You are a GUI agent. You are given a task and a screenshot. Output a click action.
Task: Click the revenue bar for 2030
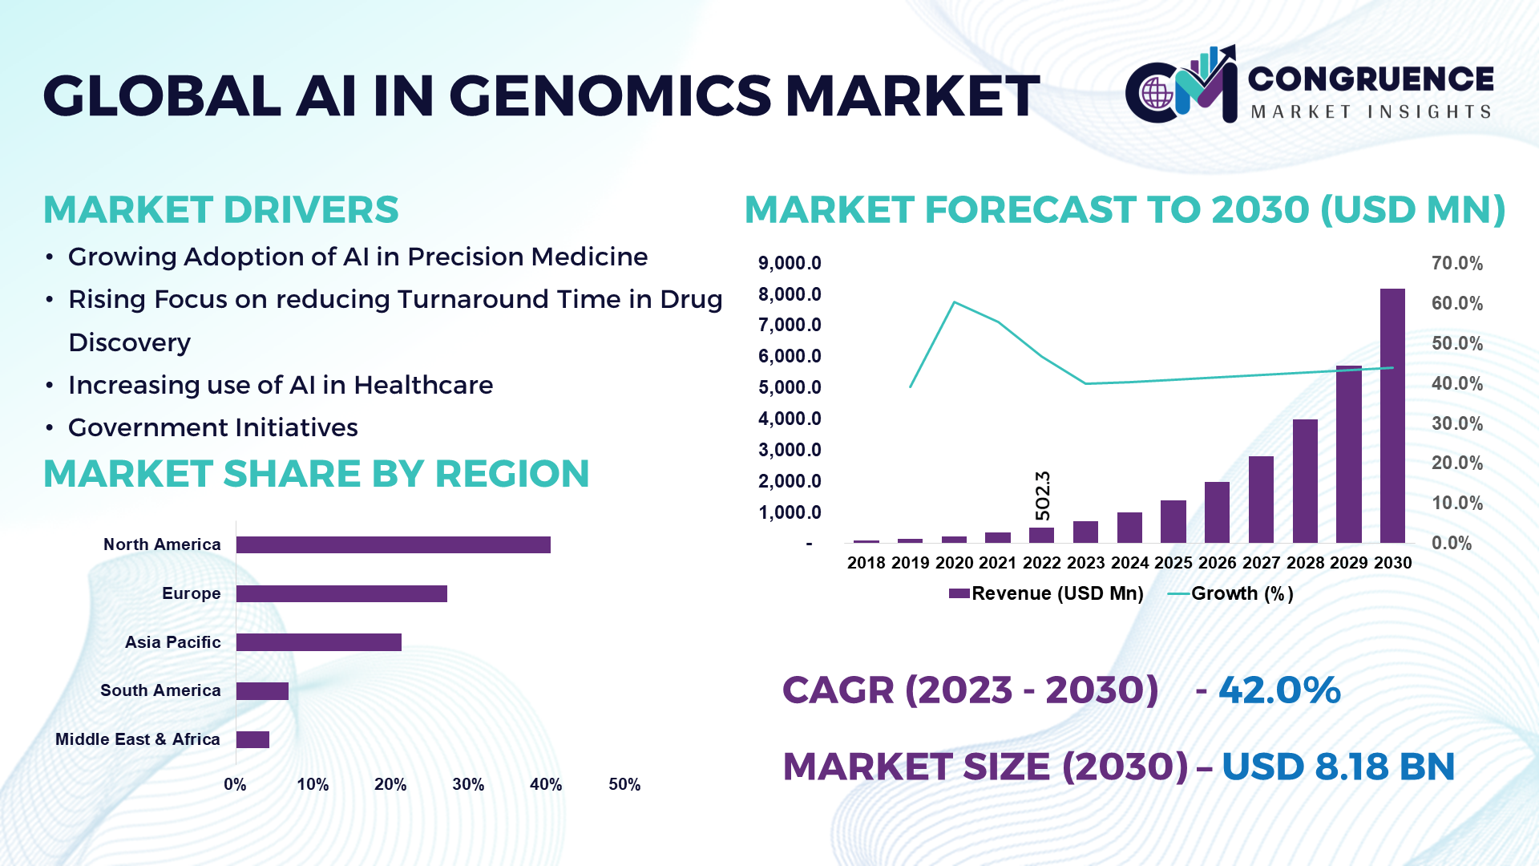[1392, 415]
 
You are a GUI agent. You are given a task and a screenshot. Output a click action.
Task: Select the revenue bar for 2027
[1261, 500]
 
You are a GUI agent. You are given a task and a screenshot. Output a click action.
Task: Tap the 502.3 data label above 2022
[1042, 495]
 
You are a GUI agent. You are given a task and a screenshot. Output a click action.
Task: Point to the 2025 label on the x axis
[1173, 563]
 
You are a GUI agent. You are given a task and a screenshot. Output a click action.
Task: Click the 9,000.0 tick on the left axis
[790, 263]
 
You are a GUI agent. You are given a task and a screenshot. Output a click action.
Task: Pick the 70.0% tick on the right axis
[1457, 263]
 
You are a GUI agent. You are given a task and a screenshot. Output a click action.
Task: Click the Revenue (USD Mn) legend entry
[1046, 593]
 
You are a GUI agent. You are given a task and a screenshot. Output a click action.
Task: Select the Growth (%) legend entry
[1230, 593]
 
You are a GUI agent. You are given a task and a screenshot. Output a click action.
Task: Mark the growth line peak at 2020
[954, 302]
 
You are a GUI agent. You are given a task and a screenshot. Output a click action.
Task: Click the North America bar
[394, 544]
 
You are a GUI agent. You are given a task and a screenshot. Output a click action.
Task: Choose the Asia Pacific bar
[319, 642]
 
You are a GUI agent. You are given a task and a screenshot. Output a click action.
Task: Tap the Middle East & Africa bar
[252, 739]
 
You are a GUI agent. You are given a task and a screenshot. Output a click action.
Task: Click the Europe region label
[191, 593]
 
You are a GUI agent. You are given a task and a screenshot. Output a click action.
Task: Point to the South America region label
[160, 690]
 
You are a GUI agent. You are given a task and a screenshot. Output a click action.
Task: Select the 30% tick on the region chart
[468, 784]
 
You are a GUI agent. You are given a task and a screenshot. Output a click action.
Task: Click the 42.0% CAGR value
[1279, 690]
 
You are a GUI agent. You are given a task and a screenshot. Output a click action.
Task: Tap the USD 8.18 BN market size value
[1338, 767]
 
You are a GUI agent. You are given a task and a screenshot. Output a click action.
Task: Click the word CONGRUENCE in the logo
[1371, 79]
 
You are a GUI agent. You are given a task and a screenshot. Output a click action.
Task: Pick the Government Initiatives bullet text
[213, 427]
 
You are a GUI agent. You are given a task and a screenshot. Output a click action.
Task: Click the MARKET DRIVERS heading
[221, 210]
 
